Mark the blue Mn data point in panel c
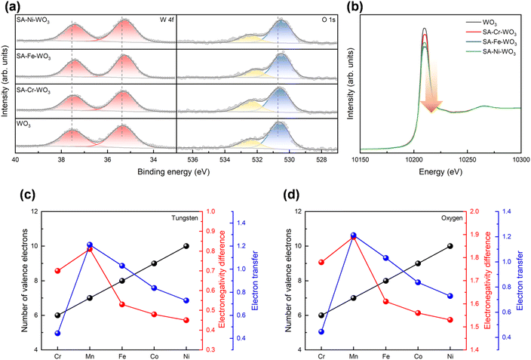[90, 245]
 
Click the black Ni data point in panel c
[186, 246]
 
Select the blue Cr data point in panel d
[322, 331]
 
